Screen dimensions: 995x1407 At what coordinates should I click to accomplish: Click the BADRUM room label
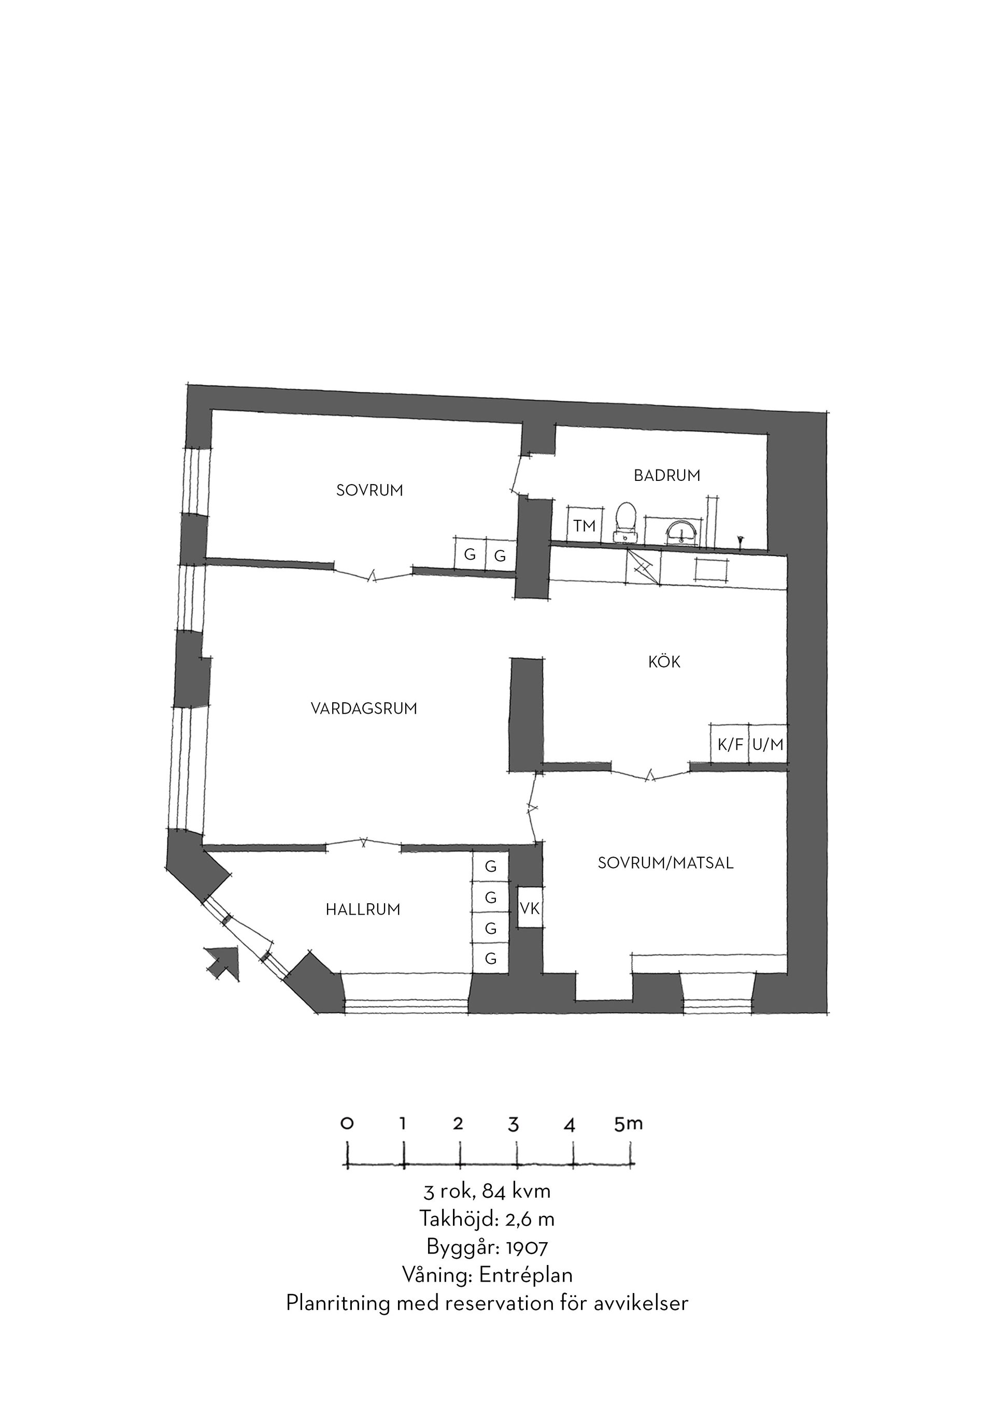[666, 476]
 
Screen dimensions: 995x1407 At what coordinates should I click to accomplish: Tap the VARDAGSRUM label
[364, 709]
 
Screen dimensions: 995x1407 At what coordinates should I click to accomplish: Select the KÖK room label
[664, 662]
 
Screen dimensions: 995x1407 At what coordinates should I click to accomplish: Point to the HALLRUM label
[363, 910]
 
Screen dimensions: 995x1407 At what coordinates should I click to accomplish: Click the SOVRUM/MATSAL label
[665, 863]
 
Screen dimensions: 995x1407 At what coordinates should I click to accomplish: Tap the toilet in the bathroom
[626, 522]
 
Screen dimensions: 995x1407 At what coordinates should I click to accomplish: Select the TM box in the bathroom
[585, 525]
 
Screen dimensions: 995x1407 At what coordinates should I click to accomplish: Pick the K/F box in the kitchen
[730, 744]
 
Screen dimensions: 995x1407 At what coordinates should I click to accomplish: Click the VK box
[530, 907]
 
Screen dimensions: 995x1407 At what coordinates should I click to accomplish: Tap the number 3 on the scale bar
[514, 1125]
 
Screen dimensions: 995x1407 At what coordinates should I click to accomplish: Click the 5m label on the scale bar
[629, 1124]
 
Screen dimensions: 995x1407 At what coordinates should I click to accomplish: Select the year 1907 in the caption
[527, 1246]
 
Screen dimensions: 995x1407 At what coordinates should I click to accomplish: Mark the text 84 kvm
[517, 1191]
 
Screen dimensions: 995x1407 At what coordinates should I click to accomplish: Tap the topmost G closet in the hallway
[490, 866]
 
